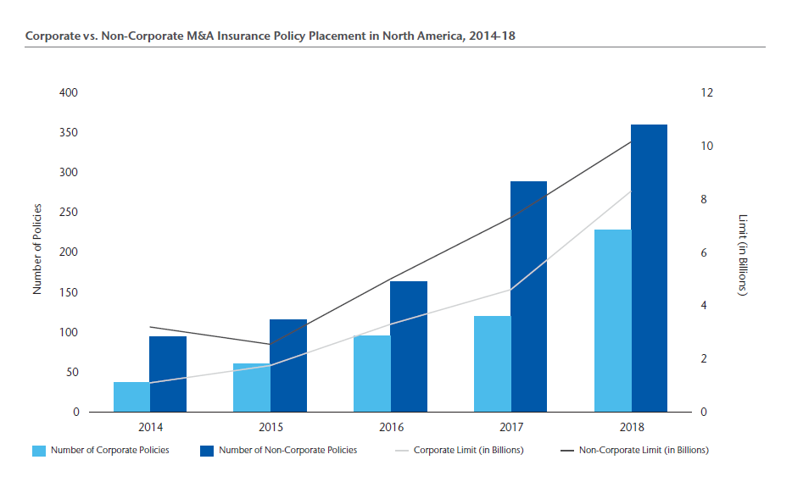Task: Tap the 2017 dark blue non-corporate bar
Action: click(528, 296)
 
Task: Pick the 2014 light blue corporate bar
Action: click(131, 396)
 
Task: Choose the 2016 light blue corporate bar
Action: click(371, 374)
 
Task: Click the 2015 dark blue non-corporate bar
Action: click(288, 365)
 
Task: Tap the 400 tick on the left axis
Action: click(70, 92)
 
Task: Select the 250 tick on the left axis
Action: click(70, 213)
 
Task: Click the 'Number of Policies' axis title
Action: click(37, 252)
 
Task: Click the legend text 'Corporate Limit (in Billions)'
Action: click(468, 450)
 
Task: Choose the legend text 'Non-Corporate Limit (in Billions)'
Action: click(643, 450)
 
